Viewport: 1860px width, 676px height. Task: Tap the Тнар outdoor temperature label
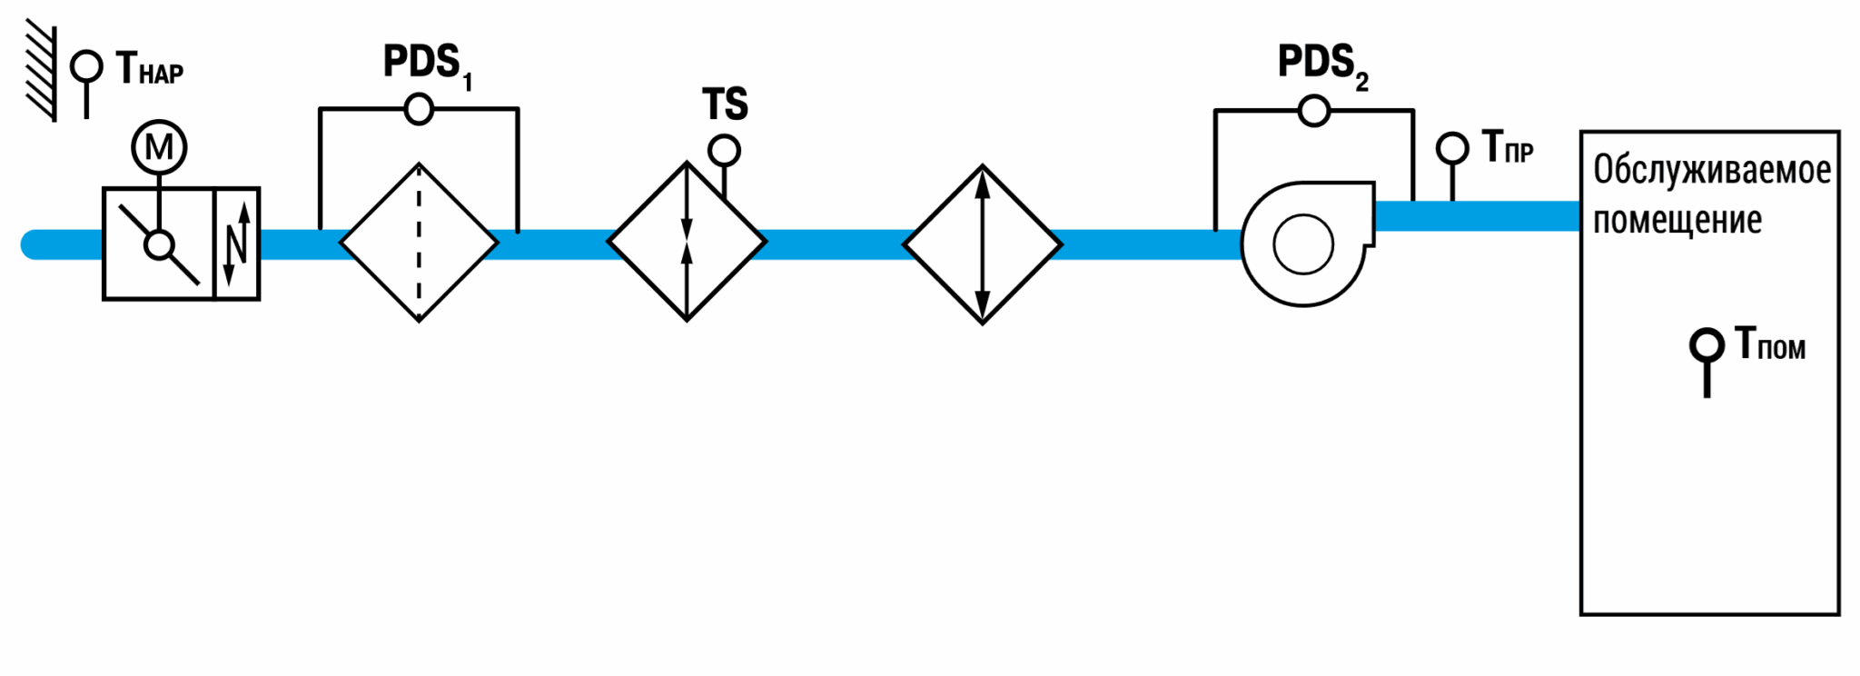click(x=150, y=69)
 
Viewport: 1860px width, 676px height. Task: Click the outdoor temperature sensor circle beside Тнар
click(x=86, y=66)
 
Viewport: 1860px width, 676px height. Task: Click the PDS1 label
click(x=428, y=65)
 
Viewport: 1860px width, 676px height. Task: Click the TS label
click(x=725, y=104)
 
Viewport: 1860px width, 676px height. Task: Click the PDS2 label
click(x=1323, y=65)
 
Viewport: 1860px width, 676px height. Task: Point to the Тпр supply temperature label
click(x=1508, y=147)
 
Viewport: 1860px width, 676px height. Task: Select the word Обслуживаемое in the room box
click(x=1712, y=170)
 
